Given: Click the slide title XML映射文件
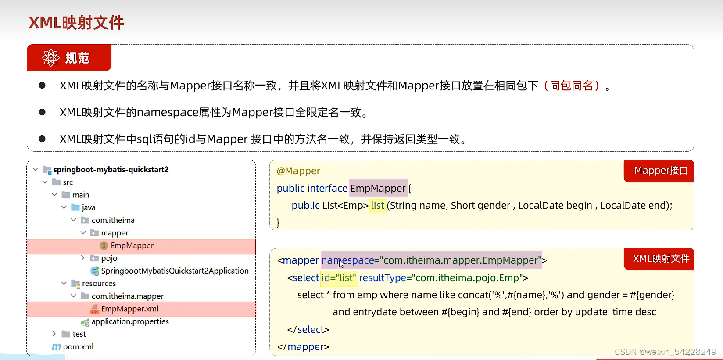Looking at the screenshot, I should (76, 23).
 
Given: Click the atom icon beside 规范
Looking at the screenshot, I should (51, 58).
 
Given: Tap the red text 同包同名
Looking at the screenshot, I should (572, 86).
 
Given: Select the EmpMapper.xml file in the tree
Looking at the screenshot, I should (129, 309).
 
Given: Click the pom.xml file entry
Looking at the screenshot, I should (78, 347).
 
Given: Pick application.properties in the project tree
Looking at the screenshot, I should (130, 321).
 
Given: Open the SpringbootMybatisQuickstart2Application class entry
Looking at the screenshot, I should (175, 271).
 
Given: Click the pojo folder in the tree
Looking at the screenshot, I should (109, 258).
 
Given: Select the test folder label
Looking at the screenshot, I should (79, 334).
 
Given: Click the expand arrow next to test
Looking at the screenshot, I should (54, 334).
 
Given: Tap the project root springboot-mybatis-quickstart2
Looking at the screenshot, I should (111, 170).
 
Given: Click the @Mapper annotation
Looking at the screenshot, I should (298, 171).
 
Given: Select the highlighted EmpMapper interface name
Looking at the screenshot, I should (378, 189).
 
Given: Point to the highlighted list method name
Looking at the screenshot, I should (377, 206).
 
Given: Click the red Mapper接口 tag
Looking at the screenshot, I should (661, 171).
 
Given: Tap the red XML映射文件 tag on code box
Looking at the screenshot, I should (661, 259).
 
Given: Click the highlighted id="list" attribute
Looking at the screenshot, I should (339, 278).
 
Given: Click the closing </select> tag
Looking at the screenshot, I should (308, 330).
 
